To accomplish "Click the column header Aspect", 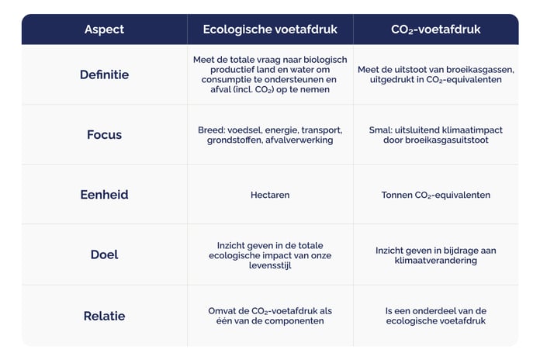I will point(104,29).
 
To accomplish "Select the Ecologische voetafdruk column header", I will point(269,29).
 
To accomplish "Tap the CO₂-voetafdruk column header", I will point(435,29).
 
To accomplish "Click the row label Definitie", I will point(104,74).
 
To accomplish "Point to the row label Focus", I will point(104,134).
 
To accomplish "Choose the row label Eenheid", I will point(104,195).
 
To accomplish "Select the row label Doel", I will point(104,254).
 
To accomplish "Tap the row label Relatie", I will point(104,316).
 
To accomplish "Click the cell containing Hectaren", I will point(270,195).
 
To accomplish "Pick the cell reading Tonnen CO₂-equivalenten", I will point(435,195).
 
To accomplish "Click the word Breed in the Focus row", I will point(210,130).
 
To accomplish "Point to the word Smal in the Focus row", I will point(379,130).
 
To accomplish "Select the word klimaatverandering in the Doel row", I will point(435,261).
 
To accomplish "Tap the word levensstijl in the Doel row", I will point(270,265).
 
